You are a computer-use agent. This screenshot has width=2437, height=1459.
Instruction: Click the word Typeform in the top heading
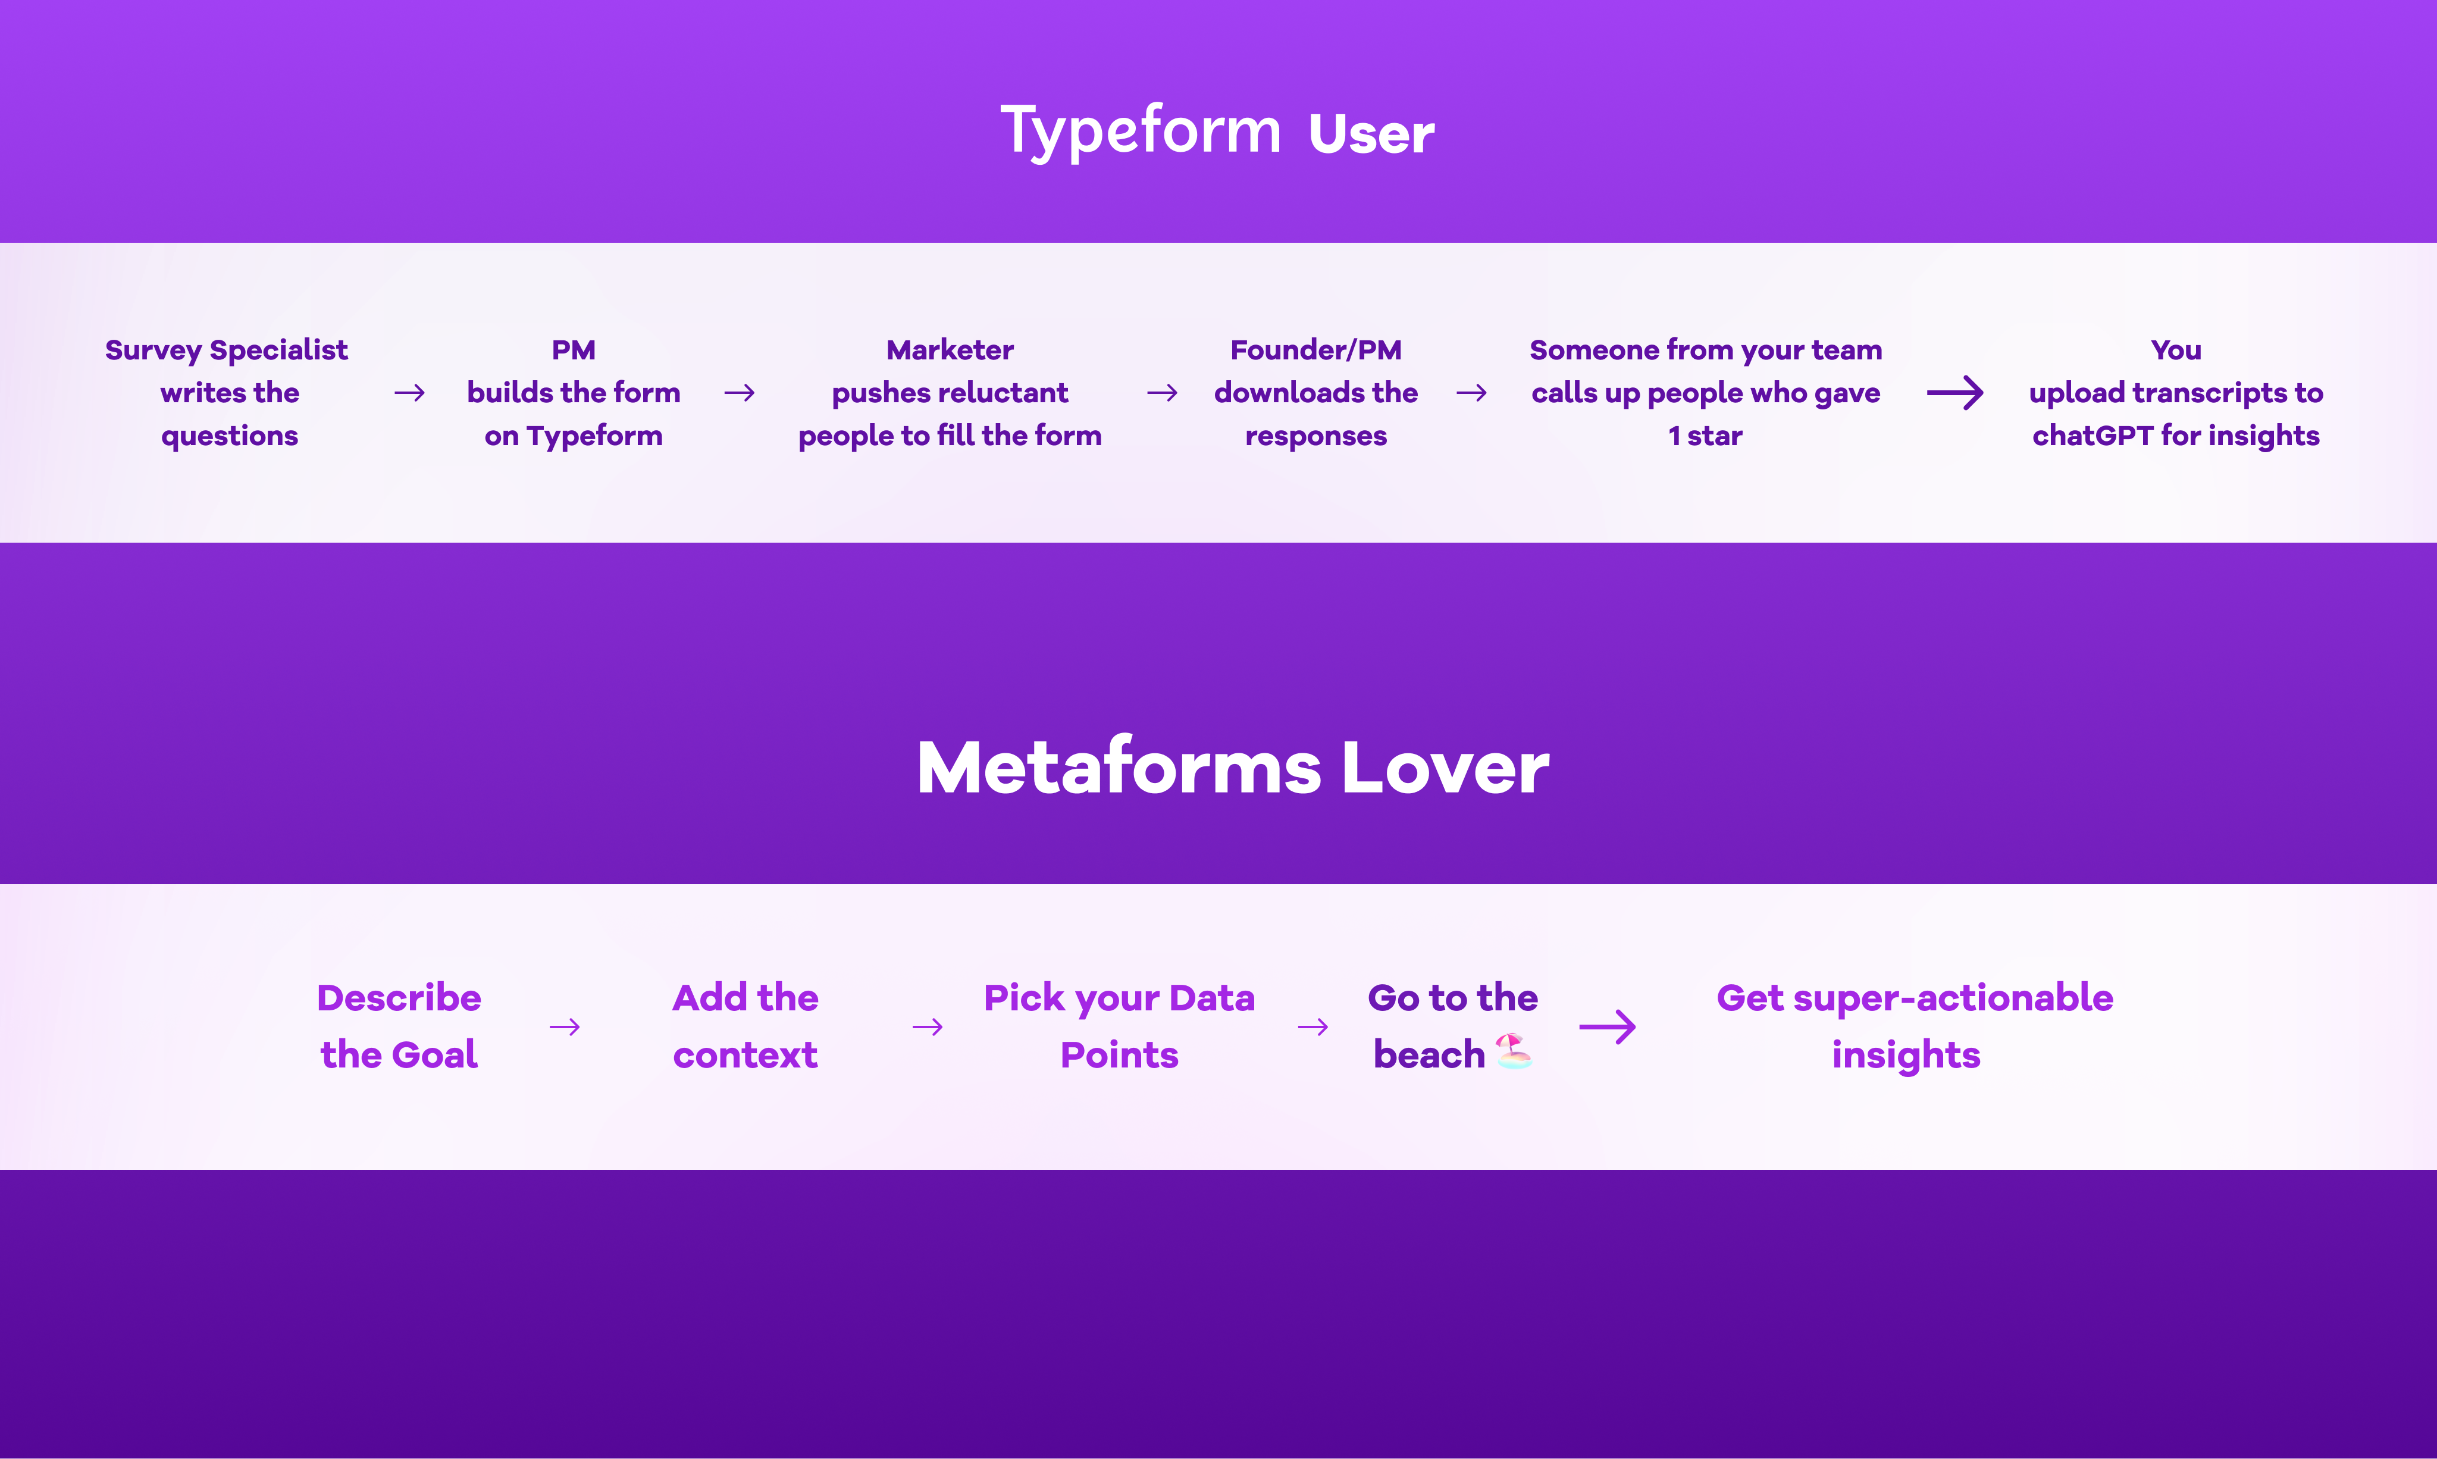point(1141,131)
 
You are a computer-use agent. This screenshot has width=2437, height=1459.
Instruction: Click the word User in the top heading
point(1371,134)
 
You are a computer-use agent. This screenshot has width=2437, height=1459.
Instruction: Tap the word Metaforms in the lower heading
point(1119,768)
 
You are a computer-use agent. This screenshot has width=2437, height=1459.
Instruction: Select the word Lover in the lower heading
point(1445,768)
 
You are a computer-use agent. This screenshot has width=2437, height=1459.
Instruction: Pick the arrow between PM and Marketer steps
point(740,393)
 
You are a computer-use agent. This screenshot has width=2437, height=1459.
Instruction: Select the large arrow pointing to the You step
point(1954,393)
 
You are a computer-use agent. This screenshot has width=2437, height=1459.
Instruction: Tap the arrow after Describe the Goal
point(564,1028)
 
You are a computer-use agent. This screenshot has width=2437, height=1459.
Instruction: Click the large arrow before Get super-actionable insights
point(1607,1028)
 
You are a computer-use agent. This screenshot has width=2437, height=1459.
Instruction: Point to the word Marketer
point(950,350)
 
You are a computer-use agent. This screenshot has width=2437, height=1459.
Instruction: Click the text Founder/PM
point(1315,350)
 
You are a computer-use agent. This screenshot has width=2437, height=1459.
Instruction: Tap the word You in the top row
point(2175,350)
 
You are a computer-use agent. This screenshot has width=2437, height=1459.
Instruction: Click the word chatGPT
point(2092,436)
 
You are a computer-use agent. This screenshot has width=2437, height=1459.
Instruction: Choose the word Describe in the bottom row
point(399,998)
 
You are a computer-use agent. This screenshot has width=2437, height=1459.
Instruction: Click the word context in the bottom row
point(745,1055)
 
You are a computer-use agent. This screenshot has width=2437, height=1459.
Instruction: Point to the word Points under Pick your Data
point(1119,1055)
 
